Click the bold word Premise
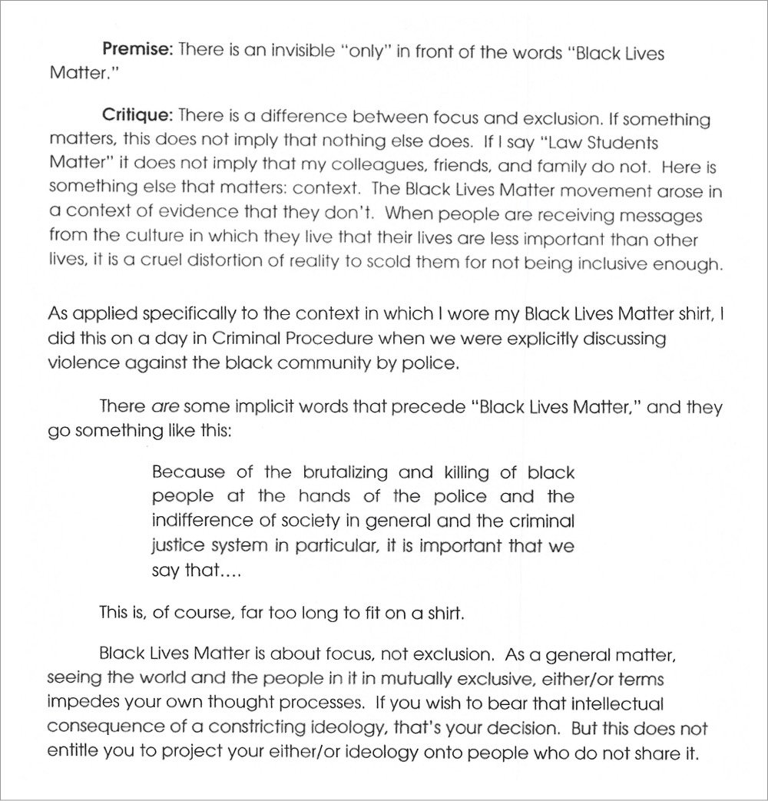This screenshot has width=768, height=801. tap(137, 51)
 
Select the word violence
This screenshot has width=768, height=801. tap(84, 362)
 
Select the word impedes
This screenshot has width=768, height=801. tap(79, 703)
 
